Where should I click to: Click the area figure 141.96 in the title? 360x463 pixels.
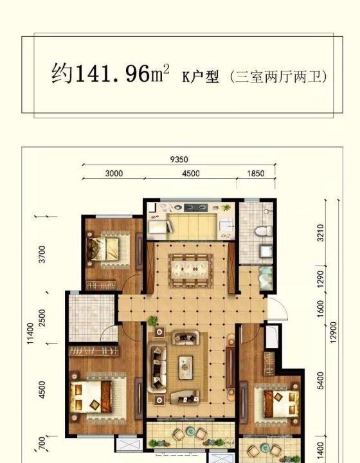(x=113, y=73)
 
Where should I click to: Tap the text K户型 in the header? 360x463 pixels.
(x=201, y=77)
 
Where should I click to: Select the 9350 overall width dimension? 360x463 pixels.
(x=179, y=159)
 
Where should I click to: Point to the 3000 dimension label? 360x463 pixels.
(x=114, y=174)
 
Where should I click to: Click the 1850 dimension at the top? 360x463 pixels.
(x=256, y=174)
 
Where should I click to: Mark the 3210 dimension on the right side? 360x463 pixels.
(x=321, y=233)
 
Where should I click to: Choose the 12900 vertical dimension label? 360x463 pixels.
(x=334, y=332)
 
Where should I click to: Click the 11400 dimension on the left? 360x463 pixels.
(x=30, y=333)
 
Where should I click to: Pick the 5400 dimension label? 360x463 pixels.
(x=321, y=380)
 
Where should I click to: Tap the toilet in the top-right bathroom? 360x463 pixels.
(x=263, y=231)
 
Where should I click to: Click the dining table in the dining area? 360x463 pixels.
(x=191, y=270)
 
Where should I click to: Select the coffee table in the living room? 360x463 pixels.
(x=186, y=367)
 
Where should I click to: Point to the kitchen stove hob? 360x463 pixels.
(x=195, y=208)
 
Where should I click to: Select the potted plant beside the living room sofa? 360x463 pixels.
(x=152, y=321)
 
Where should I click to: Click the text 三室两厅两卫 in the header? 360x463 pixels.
(x=278, y=77)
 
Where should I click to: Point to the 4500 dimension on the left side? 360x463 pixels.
(x=42, y=390)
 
